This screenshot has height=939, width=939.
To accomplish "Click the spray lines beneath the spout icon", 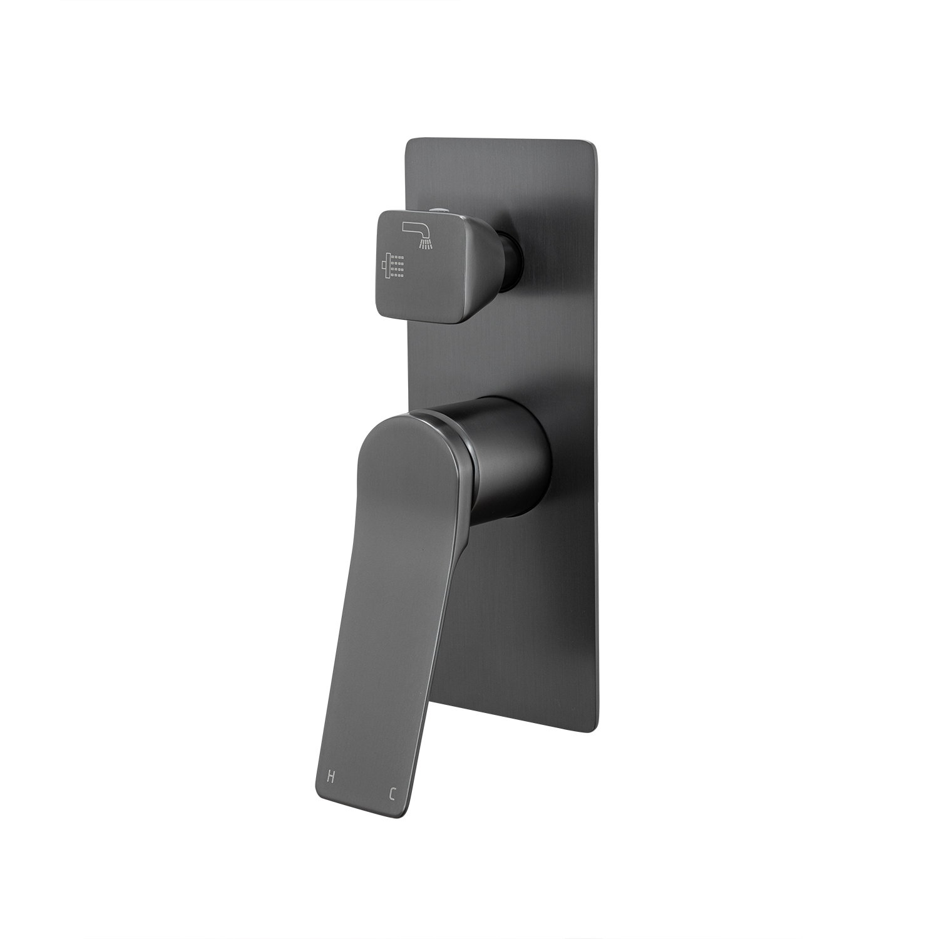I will coord(426,244).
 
